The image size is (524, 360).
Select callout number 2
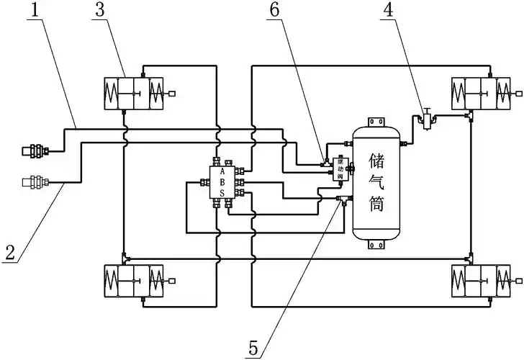(9, 253)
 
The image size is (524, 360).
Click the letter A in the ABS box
(222, 173)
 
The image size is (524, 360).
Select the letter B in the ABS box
(222, 183)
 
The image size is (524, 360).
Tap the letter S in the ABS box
(222, 193)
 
